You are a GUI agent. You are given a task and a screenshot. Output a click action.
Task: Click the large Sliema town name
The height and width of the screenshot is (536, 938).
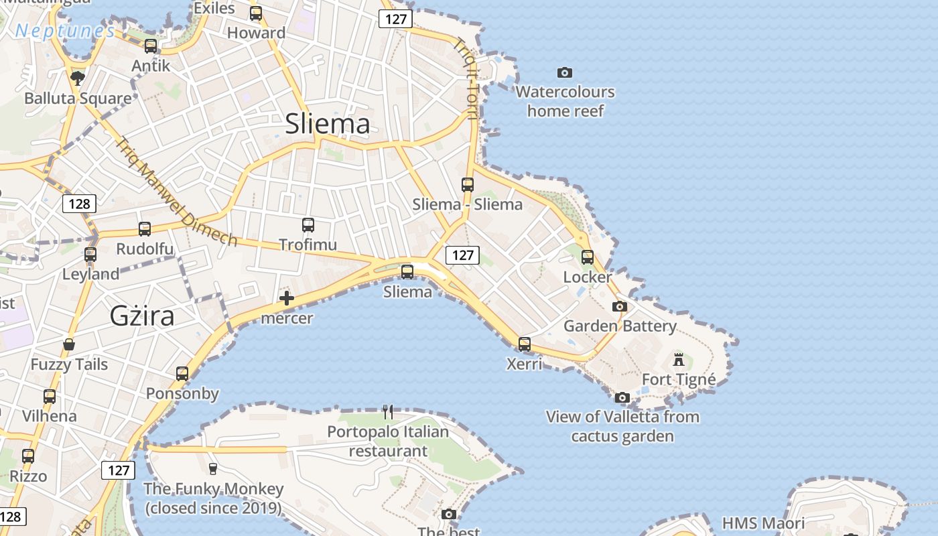click(x=328, y=124)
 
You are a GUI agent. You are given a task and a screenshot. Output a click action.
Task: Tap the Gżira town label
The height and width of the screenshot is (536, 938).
click(x=142, y=316)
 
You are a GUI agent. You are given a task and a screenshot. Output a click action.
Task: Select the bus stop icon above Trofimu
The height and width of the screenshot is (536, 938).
click(x=308, y=225)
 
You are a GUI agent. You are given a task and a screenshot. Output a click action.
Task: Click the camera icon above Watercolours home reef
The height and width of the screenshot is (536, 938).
click(x=565, y=72)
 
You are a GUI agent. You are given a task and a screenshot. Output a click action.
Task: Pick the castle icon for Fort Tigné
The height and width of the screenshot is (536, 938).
click(x=679, y=360)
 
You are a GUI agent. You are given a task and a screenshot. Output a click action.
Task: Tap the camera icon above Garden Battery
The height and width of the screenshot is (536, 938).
click(x=620, y=307)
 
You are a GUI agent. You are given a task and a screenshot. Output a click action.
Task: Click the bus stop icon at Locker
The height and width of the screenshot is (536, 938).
click(x=588, y=257)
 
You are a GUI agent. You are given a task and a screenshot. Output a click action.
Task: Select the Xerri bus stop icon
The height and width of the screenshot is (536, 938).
click(x=525, y=344)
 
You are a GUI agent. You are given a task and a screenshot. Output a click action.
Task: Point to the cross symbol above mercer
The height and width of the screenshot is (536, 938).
click(x=287, y=298)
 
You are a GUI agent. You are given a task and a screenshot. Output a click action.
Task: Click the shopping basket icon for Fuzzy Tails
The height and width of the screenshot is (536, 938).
click(x=69, y=345)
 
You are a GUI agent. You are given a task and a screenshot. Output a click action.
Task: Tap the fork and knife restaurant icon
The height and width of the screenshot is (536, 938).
click(x=388, y=411)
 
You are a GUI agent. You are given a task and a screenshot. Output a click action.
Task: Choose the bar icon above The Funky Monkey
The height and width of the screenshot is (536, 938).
click(x=213, y=468)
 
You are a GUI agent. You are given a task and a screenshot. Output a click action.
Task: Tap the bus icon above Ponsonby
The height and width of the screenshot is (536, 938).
click(x=182, y=374)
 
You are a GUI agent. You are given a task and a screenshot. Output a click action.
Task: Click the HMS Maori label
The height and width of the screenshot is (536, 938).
click(x=763, y=523)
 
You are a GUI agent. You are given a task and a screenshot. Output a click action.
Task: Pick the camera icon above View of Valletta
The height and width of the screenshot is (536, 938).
click(x=622, y=397)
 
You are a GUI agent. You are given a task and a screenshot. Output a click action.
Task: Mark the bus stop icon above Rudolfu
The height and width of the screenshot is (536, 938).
click(x=145, y=229)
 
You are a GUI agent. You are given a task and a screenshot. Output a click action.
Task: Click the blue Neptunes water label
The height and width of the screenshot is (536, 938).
click(x=65, y=31)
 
